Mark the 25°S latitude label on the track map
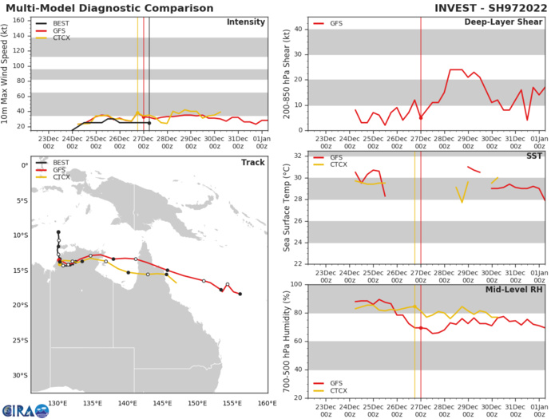[x=18, y=341]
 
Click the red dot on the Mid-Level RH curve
[x=421, y=328]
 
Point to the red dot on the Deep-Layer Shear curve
[x=421, y=118]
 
